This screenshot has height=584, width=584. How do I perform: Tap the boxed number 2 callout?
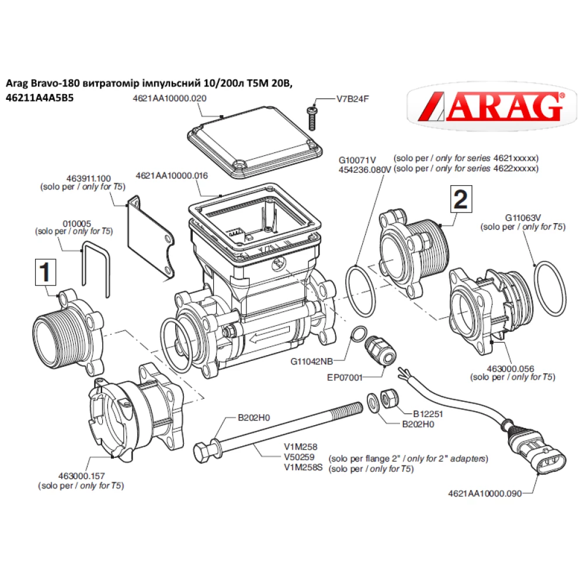[x=460, y=200]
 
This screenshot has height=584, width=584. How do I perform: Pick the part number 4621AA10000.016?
[x=171, y=175]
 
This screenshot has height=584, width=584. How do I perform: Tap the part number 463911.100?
[x=82, y=179]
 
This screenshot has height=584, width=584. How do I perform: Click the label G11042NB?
[x=311, y=361]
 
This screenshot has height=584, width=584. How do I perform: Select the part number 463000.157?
[x=81, y=477]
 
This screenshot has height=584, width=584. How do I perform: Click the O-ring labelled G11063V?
[x=550, y=290]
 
